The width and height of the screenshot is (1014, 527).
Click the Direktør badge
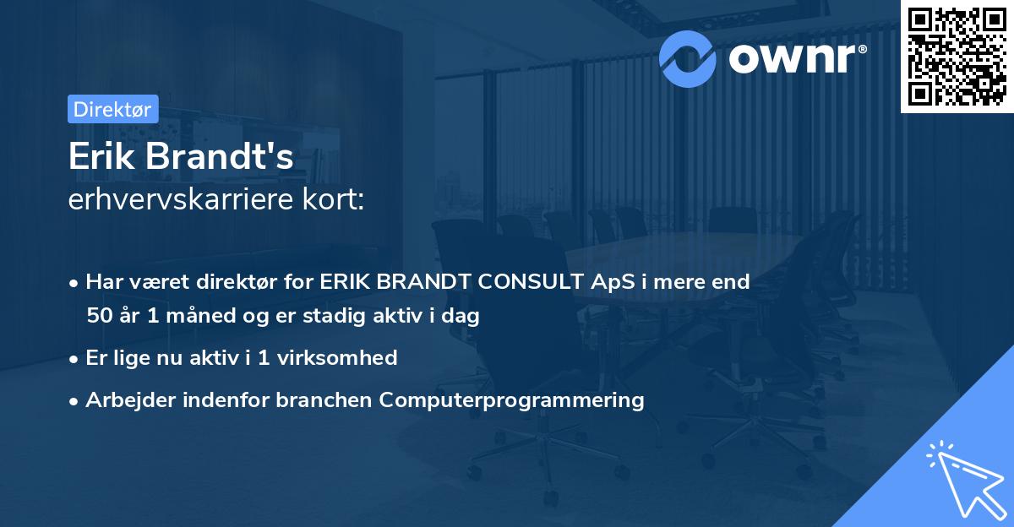(x=112, y=109)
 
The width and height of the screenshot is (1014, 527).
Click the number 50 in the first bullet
(x=99, y=317)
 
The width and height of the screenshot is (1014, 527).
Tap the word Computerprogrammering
(x=512, y=400)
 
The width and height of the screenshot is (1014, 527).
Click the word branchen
(x=324, y=400)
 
